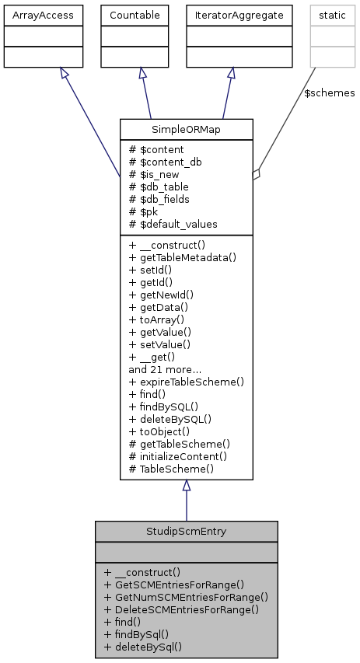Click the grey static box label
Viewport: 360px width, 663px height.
326,15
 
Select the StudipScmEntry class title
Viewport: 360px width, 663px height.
186,532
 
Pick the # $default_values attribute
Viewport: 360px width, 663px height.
173,224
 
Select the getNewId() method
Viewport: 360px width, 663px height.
161,295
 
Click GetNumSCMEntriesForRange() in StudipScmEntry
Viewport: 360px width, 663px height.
185,596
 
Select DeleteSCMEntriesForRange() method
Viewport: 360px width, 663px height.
180,609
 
